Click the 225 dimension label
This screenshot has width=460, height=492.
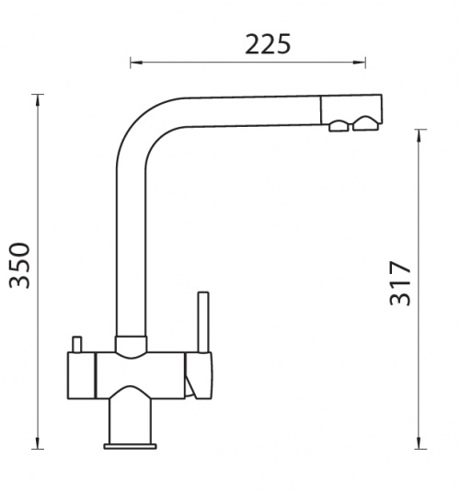(268, 44)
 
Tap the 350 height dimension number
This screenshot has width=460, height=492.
(19, 265)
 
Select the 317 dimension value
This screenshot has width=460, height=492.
(399, 283)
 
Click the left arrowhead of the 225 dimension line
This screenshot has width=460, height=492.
(136, 63)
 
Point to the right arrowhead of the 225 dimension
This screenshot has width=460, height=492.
(359, 63)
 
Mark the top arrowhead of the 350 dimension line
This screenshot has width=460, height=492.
(38, 100)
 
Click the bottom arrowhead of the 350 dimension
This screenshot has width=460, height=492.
(38, 442)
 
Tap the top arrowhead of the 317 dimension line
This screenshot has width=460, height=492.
(419, 135)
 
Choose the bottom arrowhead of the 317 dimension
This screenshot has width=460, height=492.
(419, 442)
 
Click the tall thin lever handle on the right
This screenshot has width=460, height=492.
(203, 322)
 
